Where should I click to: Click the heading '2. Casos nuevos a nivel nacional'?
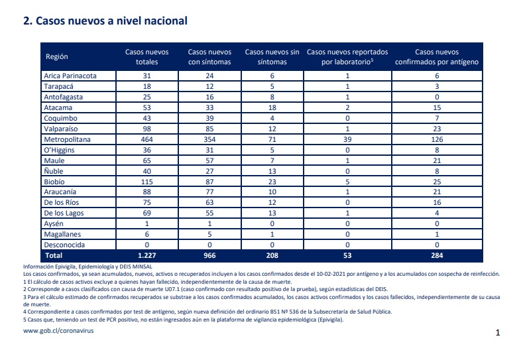coord(105,21)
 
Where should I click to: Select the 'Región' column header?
coord(57,56)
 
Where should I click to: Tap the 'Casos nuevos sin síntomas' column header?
coord(272,57)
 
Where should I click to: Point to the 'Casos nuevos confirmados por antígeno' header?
coord(437,57)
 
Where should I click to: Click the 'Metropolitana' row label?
coord(67,139)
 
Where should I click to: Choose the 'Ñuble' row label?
coord(54,171)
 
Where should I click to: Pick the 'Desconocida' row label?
coord(64,245)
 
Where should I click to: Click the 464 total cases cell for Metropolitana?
coord(146,139)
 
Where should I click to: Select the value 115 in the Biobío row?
coord(146,182)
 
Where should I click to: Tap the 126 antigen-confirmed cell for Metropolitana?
coord(437,139)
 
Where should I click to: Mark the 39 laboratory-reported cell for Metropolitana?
coord(347,139)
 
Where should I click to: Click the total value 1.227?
coord(146,255)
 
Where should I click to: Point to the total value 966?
coord(209,255)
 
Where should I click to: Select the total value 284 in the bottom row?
coord(437,255)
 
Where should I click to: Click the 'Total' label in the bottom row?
coord(54,255)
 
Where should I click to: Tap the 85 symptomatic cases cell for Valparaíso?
coord(209,129)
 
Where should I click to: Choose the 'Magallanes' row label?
coord(62,234)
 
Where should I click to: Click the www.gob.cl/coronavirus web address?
coord(58,331)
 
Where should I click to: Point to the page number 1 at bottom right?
coord(498,333)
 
